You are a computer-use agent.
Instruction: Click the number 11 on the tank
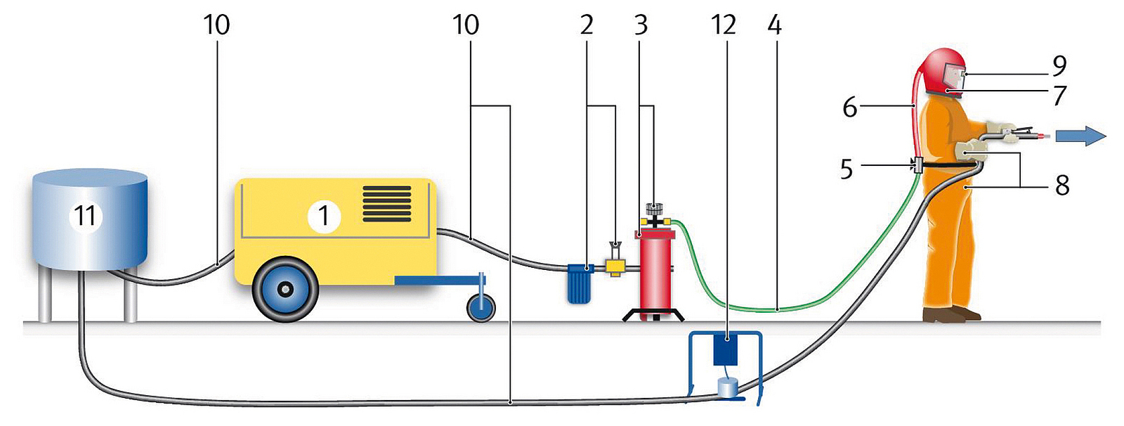85,216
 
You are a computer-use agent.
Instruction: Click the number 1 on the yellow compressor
324,216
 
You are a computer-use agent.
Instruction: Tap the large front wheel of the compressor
285,289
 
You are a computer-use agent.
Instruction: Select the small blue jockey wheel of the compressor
481,307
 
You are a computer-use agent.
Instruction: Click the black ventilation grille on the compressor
386,204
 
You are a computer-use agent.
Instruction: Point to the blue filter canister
579,283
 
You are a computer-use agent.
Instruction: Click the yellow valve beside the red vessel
615,266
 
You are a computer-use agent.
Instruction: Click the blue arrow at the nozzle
1085,135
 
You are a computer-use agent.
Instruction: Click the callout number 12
724,25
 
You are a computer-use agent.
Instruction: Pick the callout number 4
774,25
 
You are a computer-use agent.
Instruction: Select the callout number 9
1059,65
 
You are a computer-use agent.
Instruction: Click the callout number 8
1062,186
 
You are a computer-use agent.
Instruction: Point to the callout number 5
847,169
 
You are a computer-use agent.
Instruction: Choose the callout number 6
850,108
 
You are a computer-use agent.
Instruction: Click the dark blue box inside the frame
726,349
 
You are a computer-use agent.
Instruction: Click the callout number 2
587,25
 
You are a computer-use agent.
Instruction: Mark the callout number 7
1059,95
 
